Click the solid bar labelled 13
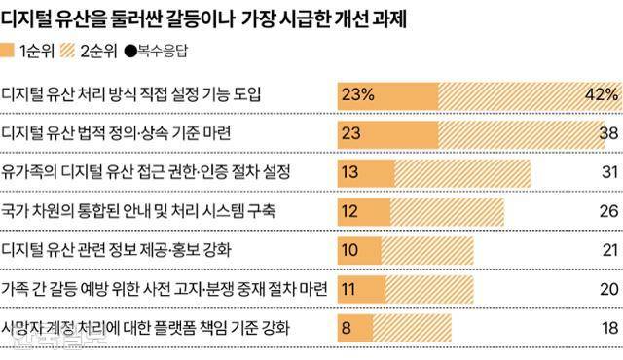tap(364, 172)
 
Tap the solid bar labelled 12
tap(362, 211)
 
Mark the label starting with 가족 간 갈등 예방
tap(165, 289)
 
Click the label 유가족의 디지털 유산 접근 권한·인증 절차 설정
tap(160, 172)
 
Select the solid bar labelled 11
tap(360, 289)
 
